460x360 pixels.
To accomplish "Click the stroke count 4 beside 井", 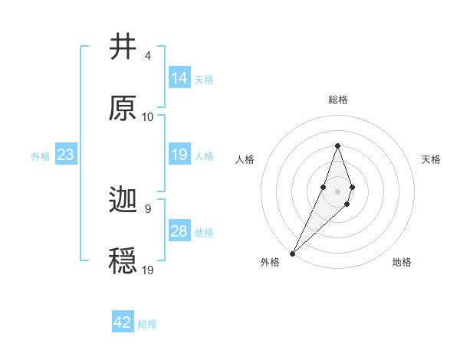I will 147,56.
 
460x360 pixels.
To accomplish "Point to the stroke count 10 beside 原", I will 148,117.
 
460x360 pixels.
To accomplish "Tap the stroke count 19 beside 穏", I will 148,270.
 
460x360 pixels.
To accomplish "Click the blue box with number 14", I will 179,78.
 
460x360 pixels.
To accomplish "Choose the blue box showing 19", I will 179,155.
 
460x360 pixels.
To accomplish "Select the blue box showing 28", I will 179,232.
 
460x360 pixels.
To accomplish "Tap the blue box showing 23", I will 65,155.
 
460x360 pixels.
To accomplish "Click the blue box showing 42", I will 123,322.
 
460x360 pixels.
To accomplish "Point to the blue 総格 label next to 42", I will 147,324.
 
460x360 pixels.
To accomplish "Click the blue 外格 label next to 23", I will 41,156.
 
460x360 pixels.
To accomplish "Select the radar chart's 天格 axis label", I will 432,159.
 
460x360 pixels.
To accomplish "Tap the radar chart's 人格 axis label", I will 245,159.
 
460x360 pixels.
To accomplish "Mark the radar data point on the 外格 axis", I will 293,252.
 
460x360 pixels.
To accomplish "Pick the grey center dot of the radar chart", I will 337,191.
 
